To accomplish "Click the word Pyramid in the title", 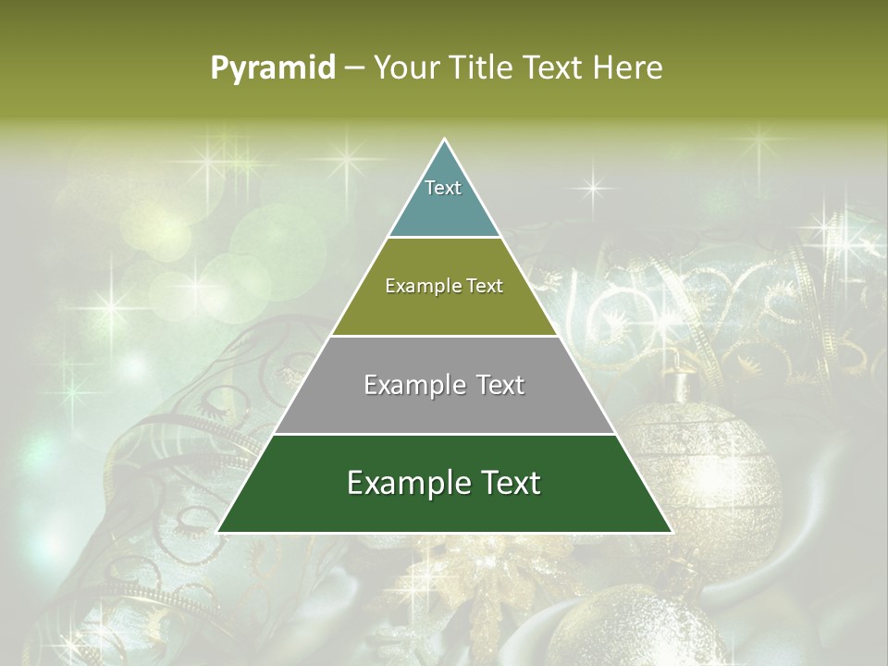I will (x=273, y=68).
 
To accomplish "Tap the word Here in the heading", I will (x=628, y=68).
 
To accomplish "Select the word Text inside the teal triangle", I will (x=443, y=188).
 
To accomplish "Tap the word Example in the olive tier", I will (x=413, y=286).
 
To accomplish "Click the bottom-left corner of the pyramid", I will (x=218, y=532).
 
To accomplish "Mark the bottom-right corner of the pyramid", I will (x=671, y=532).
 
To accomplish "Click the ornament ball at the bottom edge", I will (x=638, y=629).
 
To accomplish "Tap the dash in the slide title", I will (x=354, y=68).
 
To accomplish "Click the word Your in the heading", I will (x=404, y=68).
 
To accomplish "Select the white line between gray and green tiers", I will (x=444, y=434).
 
